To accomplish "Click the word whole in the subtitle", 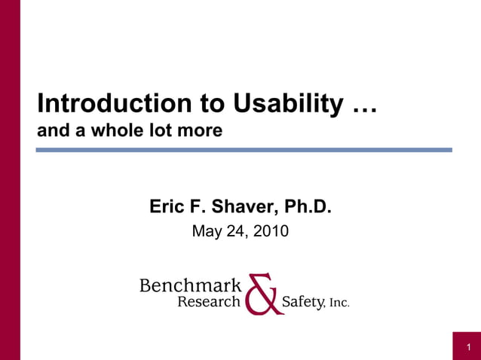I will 130,130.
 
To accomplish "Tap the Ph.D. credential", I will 305,206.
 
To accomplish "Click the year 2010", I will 270,231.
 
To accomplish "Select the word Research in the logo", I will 208,302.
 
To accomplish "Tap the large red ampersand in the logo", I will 262,294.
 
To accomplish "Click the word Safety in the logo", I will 302,302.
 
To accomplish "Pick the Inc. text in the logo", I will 339,304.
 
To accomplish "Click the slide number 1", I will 467,347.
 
